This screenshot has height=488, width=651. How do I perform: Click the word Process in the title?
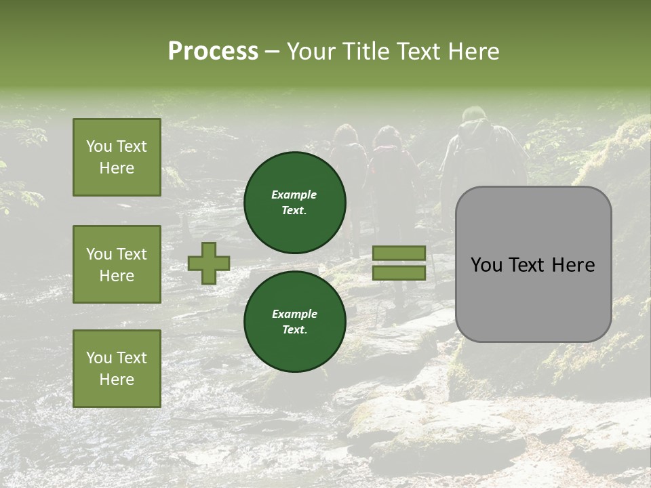(213, 52)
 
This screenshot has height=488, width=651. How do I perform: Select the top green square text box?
(117, 157)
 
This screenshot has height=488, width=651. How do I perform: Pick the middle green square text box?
(117, 264)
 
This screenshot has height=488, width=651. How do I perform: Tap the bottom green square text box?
(117, 368)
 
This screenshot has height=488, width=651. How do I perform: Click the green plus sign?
(209, 263)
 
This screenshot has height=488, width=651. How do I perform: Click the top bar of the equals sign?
(399, 253)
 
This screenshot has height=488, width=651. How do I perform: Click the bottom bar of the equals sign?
(399, 272)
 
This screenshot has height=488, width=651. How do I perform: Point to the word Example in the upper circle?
(294, 195)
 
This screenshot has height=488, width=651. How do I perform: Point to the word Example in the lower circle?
(294, 314)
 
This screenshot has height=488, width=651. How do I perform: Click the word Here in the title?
(474, 52)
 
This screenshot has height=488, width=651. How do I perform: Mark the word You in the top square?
(99, 146)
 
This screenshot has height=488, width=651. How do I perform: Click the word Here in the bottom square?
(117, 380)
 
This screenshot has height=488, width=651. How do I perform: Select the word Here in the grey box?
(573, 265)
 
